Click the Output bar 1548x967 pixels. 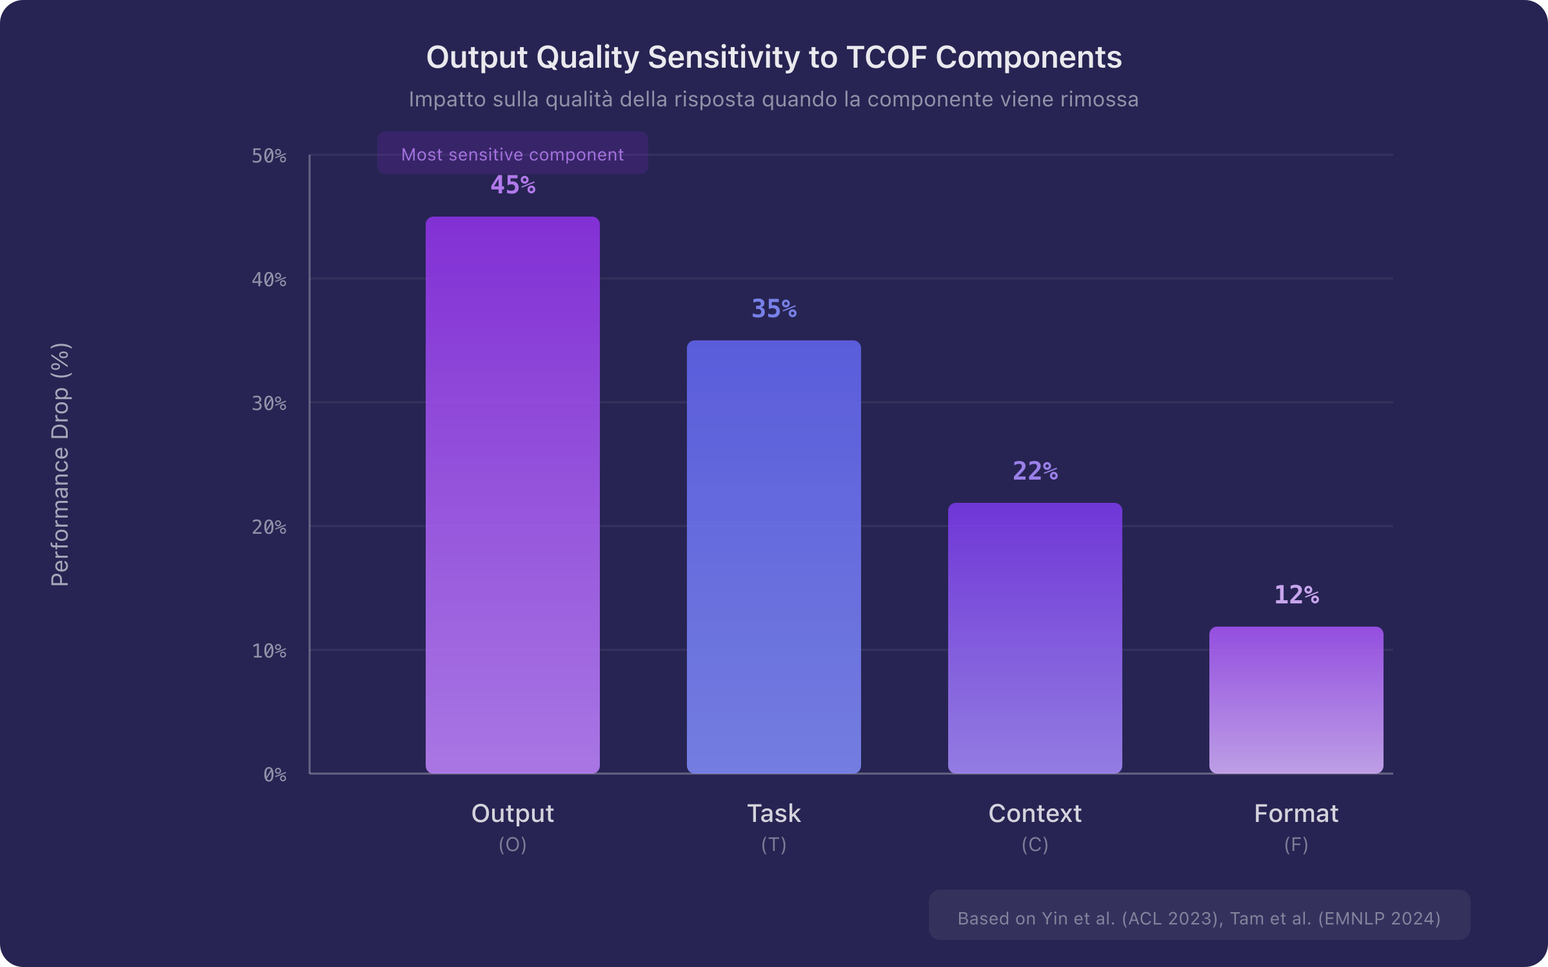tap(513, 494)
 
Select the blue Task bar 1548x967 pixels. tap(773, 556)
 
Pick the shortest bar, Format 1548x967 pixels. tap(1296, 699)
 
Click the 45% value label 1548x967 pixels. tap(513, 185)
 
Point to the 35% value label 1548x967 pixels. tap(774, 309)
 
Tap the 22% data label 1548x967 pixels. tap(1035, 471)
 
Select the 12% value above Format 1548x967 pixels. tap(1296, 595)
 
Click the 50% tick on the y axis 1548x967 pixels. tap(269, 156)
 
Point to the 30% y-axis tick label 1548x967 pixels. tap(269, 404)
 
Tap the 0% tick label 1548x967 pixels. tap(275, 775)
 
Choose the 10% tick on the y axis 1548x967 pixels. tap(269, 651)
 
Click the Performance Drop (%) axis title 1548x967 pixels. tap(60, 464)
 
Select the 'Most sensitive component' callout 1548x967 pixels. tap(512, 154)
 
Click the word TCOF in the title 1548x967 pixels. tap(886, 57)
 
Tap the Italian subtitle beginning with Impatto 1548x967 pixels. tap(773, 99)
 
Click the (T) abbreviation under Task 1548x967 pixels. tap(773, 845)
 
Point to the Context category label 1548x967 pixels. tap(1035, 814)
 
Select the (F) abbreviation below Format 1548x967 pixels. tap(1296, 845)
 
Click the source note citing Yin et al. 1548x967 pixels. tap(1198, 918)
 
